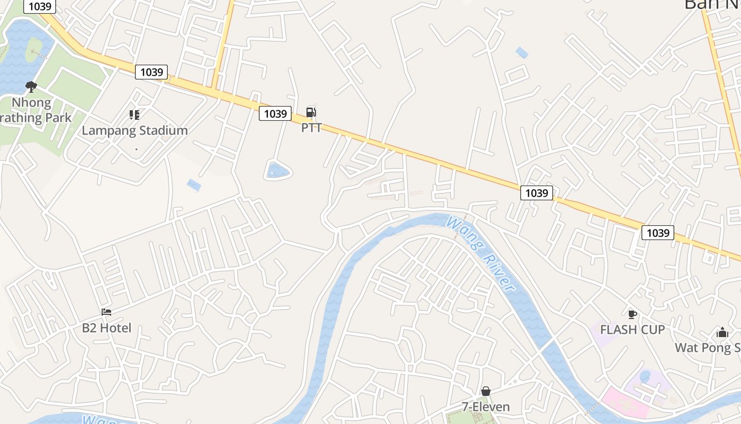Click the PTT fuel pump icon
(311, 112)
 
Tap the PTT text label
(311, 128)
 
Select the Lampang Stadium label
(134, 130)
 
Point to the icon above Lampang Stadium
(134, 115)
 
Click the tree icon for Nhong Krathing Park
(31, 86)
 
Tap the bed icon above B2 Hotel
(106, 312)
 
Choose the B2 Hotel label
(106, 328)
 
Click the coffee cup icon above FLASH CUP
(632, 314)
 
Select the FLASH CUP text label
(632, 330)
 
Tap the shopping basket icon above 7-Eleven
(486, 391)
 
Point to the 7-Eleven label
(486, 407)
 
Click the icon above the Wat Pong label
(722, 333)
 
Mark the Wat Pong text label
(708, 348)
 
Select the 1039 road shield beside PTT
(275, 113)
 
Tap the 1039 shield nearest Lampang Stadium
(151, 72)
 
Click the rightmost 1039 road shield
(658, 233)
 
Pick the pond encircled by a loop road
(278, 171)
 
